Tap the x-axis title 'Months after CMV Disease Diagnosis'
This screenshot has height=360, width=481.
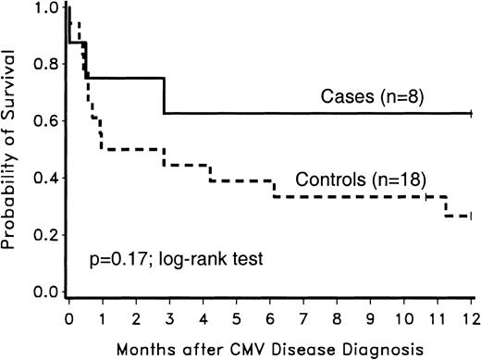[x=269, y=347]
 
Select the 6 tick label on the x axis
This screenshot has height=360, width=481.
[x=270, y=317]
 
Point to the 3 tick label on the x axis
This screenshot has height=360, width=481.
[x=169, y=317]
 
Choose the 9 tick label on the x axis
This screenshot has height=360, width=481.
[x=371, y=317]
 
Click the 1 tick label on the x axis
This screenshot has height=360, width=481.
[x=102, y=317]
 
